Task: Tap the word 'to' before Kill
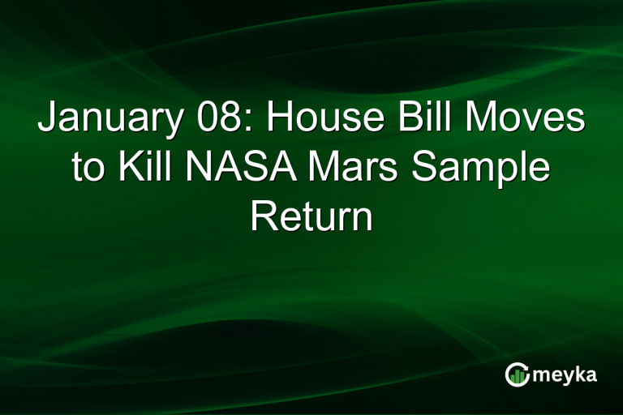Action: click(88, 169)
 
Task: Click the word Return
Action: click(311, 216)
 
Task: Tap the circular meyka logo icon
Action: click(518, 374)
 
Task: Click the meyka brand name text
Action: click(565, 375)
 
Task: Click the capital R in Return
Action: click(262, 216)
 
